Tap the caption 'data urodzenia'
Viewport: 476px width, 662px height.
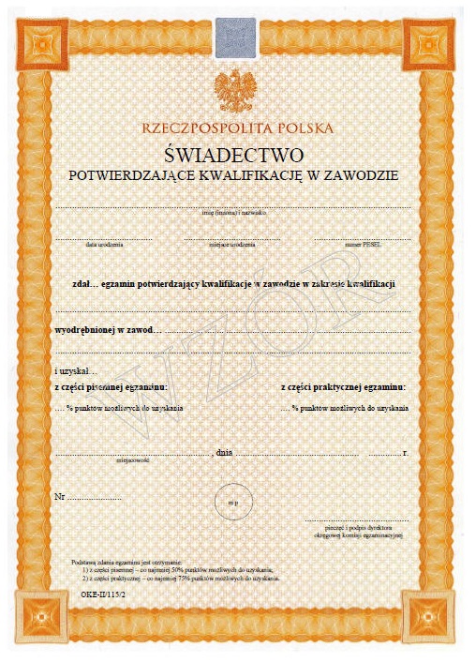(104, 244)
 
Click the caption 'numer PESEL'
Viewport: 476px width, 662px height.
(362, 244)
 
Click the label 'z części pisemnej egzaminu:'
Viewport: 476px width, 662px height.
(112, 387)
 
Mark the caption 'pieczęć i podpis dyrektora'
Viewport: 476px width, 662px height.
(359, 528)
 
